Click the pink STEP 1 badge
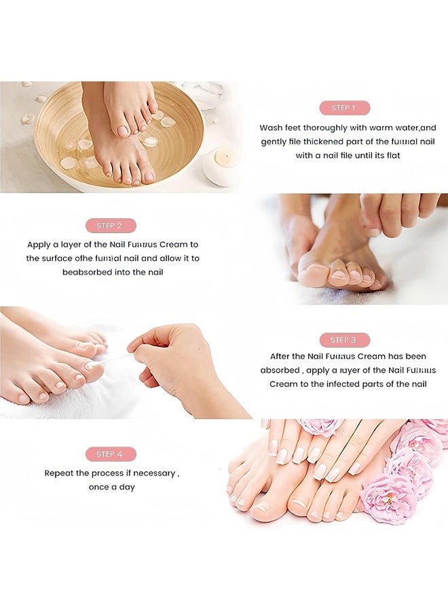345,108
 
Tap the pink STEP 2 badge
111,226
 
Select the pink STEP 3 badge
345,340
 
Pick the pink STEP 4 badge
111,454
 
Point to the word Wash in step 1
271,127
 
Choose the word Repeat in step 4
59,473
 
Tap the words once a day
112,487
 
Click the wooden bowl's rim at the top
119,84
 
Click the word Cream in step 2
185,245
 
